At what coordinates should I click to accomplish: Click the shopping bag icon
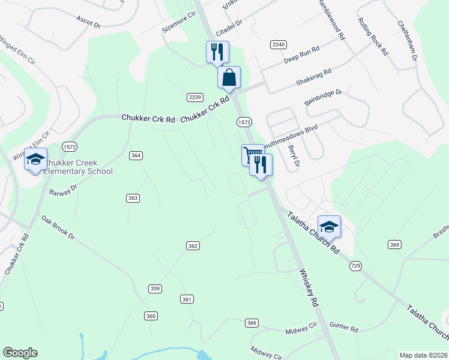(x=229, y=78)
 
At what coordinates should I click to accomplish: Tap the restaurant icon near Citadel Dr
(x=217, y=52)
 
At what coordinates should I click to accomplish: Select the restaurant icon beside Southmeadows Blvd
(x=261, y=165)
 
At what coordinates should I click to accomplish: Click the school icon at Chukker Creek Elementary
(x=35, y=160)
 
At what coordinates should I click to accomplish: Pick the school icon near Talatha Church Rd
(x=329, y=227)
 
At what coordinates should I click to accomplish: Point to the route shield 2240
(x=279, y=44)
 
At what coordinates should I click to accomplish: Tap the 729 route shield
(x=357, y=266)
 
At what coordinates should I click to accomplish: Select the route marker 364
(x=136, y=155)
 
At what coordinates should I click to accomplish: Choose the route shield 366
(x=252, y=323)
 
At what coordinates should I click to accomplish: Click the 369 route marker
(x=394, y=244)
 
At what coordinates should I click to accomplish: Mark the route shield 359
(x=155, y=289)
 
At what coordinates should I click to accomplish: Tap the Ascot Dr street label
(x=88, y=20)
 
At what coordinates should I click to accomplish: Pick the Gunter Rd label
(x=346, y=329)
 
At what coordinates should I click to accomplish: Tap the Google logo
(x=20, y=353)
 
